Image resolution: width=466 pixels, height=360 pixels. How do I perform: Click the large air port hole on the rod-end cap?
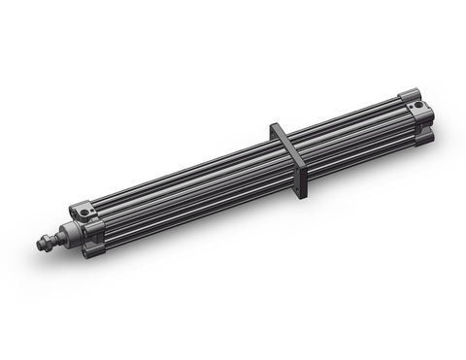[84, 209]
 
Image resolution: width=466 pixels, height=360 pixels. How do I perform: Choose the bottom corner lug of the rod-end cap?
[89, 253]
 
